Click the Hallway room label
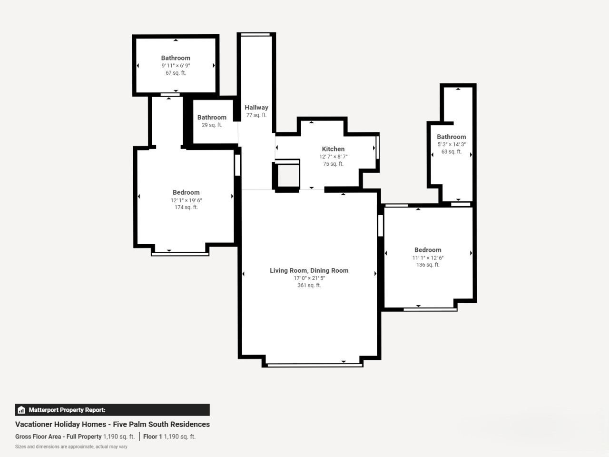click(x=256, y=108)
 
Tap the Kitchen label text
click(x=333, y=149)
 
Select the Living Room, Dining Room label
click(x=309, y=270)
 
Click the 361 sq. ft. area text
click(x=309, y=285)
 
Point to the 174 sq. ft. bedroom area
click(x=186, y=207)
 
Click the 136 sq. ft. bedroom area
click(x=428, y=265)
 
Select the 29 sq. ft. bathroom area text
click(x=212, y=125)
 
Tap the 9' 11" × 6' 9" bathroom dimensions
click(x=176, y=66)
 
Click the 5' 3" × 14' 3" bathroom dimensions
click(x=452, y=144)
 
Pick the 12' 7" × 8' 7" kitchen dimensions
click(x=333, y=157)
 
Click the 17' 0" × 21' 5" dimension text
click(x=309, y=278)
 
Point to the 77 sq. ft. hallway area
click(x=256, y=115)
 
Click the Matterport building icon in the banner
click(x=21, y=410)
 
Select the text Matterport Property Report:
click(x=67, y=410)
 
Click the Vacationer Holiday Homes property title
click(x=112, y=424)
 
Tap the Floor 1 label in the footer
click(x=152, y=437)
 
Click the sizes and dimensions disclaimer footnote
click(x=71, y=447)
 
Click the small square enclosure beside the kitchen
click(x=287, y=176)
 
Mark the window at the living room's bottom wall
click(x=315, y=366)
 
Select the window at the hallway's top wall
click(x=255, y=35)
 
